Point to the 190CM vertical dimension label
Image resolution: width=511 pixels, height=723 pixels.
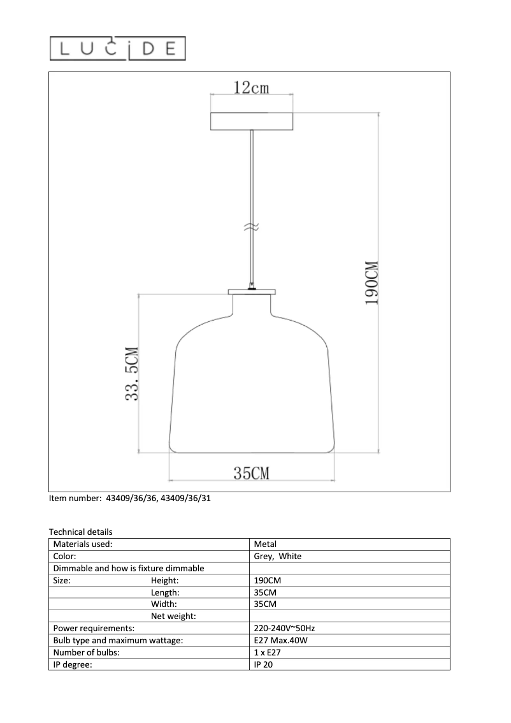click(x=372, y=282)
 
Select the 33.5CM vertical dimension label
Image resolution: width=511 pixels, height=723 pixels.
click(x=133, y=374)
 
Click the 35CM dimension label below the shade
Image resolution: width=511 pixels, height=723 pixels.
click(x=251, y=472)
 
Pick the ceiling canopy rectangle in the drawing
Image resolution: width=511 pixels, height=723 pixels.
click(x=252, y=121)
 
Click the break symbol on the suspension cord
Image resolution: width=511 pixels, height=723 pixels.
click(x=252, y=226)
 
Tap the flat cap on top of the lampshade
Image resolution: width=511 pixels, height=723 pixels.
click(x=252, y=292)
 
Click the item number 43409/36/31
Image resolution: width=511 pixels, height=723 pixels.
click(x=187, y=499)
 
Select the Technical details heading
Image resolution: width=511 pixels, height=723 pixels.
click(x=80, y=532)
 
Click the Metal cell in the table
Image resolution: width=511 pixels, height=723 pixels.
click(x=265, y=544)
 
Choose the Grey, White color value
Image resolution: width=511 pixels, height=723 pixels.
click(x=278, y=557)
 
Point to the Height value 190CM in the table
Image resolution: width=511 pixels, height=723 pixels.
click(x=268, y=581)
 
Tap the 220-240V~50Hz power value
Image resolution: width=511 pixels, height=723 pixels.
click(x=284, y=629)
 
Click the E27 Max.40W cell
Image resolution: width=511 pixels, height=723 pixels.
click(x=280, y=641)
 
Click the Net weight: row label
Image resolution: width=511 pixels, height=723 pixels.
click(x=173, y=617)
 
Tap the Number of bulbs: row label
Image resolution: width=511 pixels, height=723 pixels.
click(x=87, y=653)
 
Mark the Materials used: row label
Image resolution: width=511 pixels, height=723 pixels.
click(x=83, y=544)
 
